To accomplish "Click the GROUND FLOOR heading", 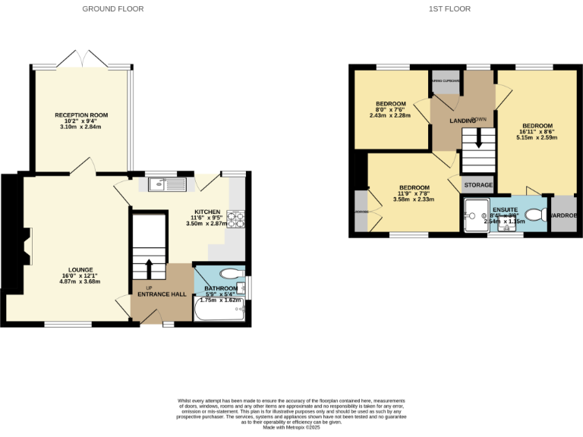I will pyautogui.click(x=112, y=9).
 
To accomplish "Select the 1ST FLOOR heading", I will pyautogui.click(x=449, y=9).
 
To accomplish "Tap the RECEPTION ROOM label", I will pyautogui.click(x=81, y=115).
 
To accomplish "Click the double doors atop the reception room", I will pyautogui.click(x=81, y=59).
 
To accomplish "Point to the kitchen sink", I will pyautogui.click(x=168, y=183).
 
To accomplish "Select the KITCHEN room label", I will pyautogui.click(x=207, y=212).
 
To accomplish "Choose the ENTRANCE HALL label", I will pyautogui.click(x=162, y=294).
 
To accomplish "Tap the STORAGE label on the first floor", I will pyautogui.click(x=478, y=185).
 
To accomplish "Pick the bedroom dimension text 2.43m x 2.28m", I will pyautogui.click(x=390, y=115).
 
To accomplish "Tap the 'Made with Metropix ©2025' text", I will pyautogui.click(x=292, y=428).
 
